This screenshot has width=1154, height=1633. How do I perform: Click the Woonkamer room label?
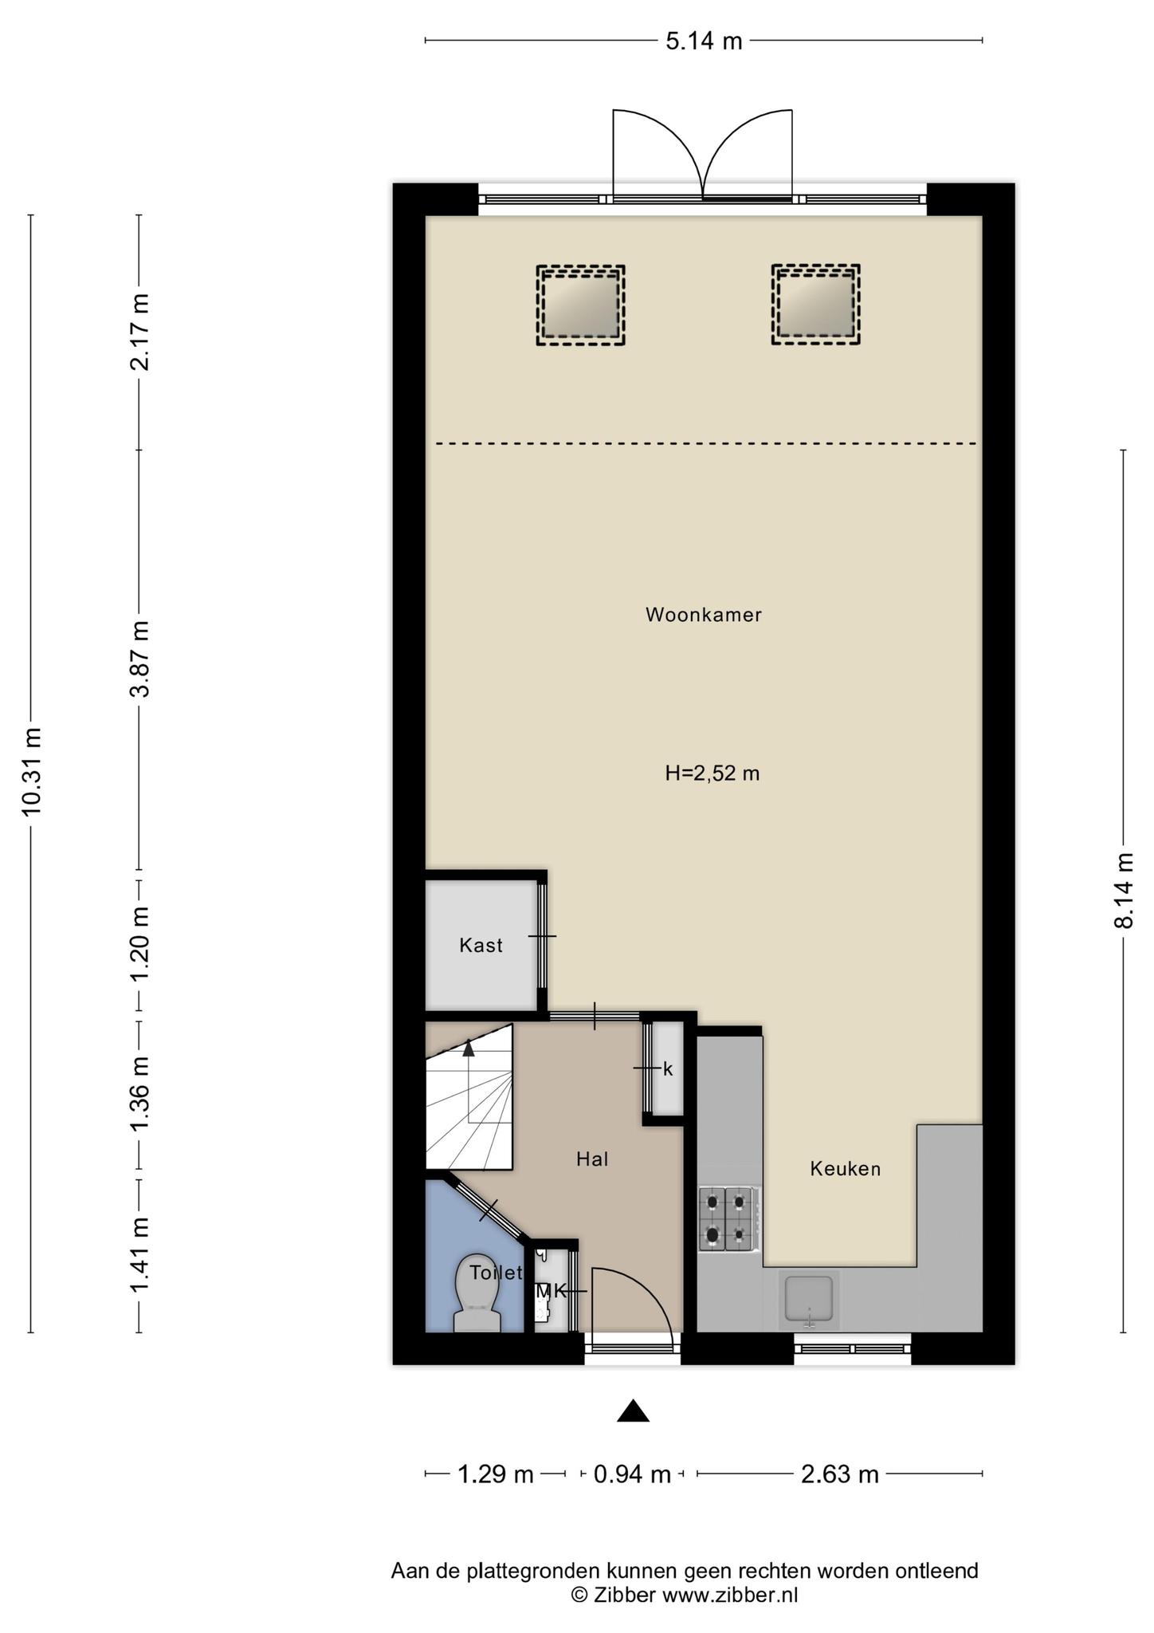pyautogui.click(x=703, y=615)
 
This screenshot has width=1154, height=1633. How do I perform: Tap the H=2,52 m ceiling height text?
pyautogui.click(x=712, y=773)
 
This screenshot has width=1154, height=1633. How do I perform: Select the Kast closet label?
pyautogui.click(x=481, y=946)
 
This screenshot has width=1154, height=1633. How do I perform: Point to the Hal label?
pyautogui.click(x=592, y=1159)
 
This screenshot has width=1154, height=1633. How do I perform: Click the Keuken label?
pyautogui.click(x=845, y=1169)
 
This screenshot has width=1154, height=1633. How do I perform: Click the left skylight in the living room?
pyautogui.click(x=580, y=305)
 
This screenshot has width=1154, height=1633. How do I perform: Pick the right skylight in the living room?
pyautogui.click(x=816, y=305)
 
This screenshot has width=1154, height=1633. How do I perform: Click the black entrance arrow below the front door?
pyautogui.click(x=633, y=1411)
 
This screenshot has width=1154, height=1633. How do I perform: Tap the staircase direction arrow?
pyautogui.click(x=469, y=1049)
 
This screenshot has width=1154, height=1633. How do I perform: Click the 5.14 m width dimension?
pyautogui.click(x=704, y=41)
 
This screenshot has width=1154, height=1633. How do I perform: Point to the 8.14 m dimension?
pyautogui.click(x=1124, y=890)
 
